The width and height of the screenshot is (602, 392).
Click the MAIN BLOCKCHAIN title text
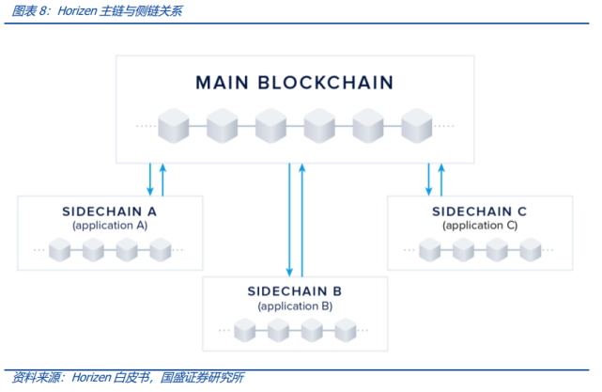click(x=294, y=83)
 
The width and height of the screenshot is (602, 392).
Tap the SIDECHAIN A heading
click(x=110, y=212)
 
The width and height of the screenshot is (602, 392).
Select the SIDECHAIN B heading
click(x=294, y=290)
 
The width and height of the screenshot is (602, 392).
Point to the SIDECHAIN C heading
click(x=479, y=212)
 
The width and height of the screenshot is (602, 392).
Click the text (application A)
click(x=110, y=226)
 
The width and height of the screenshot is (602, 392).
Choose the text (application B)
click(x=294, y=306)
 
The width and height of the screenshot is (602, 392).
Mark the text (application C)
click(x=479, y=226)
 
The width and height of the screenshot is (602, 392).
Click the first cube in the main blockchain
click(x=173, y=124)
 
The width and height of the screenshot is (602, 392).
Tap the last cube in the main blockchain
click(x=415, y=124)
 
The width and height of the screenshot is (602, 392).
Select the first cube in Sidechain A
click(x=59, y=250)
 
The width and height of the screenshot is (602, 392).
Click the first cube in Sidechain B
click(x=245, y=329)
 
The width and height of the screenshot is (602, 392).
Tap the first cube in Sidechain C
click(x=429, y=250)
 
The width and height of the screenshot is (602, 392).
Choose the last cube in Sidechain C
click(x=530, y=250)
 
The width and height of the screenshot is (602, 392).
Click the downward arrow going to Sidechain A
click(x=150, y=179)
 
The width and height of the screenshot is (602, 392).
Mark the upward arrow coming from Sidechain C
click(x=441, y=179)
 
